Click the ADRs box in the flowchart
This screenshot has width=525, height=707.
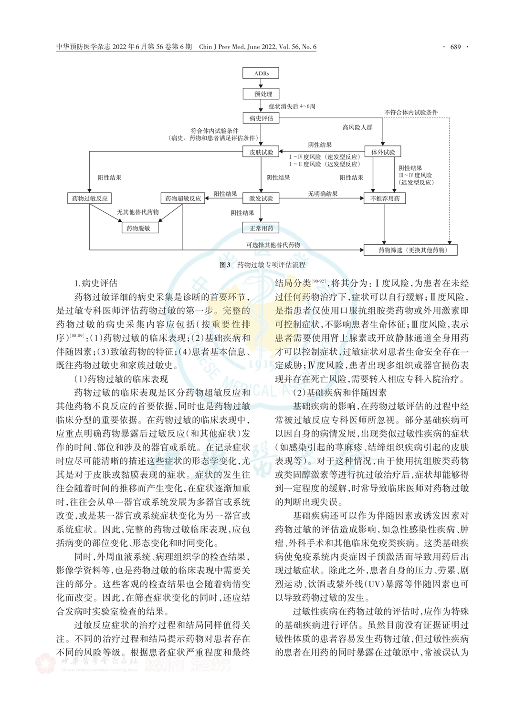click(261, 73)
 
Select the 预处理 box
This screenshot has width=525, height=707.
click(261, 94)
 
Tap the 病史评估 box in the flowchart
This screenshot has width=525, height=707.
click(261, 118)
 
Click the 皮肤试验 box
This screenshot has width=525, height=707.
click(261, 152)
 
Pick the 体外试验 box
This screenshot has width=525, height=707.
click(383, 152)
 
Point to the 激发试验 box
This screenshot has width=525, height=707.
click(261, 198)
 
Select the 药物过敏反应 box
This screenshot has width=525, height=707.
click(90, 198)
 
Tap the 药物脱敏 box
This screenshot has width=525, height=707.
click(139, 228)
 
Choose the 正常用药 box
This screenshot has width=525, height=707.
click(261, 228)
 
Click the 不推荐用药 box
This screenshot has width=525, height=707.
click(385, 198)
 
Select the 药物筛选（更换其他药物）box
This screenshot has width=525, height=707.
click(411, 250)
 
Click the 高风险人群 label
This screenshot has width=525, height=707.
click(357, 127)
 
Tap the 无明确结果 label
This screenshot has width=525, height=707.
click(323, 194)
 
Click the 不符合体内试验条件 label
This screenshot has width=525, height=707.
click(411, 113)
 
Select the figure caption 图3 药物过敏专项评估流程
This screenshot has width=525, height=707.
click(262, 264)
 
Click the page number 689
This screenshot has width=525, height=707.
click(455, 47)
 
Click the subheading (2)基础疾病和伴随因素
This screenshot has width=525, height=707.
click(340, 393)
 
